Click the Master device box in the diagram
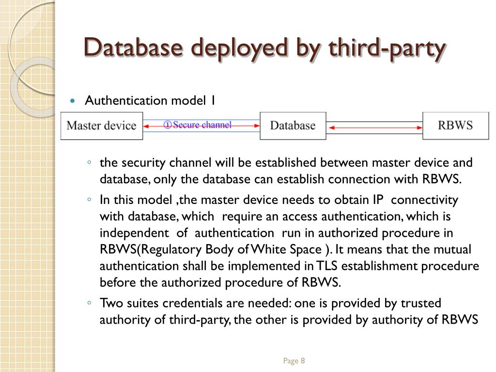(x=101, y=126)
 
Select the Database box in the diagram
(x=293, y=126)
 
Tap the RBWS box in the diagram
(x=455, y=125)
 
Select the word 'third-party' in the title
(x=387, y=48)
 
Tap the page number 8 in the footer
(x=303, y=361)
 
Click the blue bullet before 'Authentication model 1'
(x=73, y=101)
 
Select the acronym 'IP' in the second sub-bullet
(x=378, y=200)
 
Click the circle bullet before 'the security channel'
(x=90, y=162)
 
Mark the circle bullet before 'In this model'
(x=90, y=200)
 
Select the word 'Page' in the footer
(x=291, y=361)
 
